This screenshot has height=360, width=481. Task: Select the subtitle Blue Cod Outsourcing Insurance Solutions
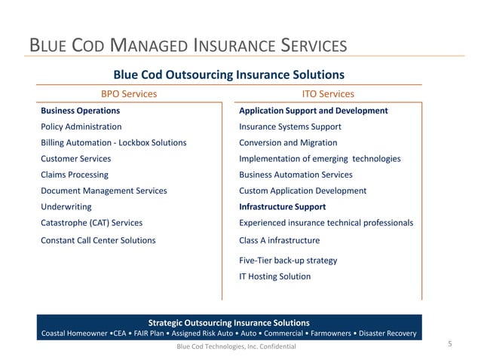(228, 75)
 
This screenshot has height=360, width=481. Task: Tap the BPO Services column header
(129, 94)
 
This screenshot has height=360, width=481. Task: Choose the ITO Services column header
(327, 94)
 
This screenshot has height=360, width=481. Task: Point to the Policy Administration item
(81, 127)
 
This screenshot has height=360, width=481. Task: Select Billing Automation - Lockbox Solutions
(113, 143)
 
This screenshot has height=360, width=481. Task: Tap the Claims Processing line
(74, 175)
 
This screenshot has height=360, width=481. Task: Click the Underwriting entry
(66, 206)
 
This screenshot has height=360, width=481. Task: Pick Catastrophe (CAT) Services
(91, 223)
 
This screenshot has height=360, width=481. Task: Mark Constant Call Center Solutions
(98, 240)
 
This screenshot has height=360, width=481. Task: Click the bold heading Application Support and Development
(313, 111)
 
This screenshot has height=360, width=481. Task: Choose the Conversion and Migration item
(288, 143)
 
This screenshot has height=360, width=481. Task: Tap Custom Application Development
(302, 191)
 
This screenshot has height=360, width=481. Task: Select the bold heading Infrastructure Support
(282, 206)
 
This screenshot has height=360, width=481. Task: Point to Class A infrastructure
(279, 240)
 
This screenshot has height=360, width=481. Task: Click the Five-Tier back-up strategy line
(288, 261)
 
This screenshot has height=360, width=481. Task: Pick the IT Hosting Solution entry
(274, 276)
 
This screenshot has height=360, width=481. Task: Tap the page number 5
(449, 344)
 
